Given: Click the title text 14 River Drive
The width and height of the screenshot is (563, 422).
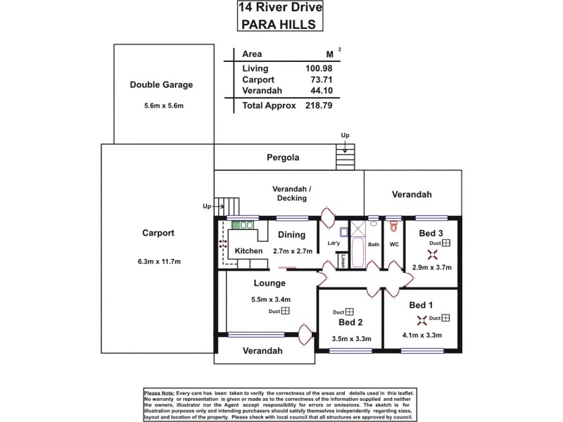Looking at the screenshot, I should pos(281,8).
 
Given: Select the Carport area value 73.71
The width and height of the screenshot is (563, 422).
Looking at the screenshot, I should pos(321,79).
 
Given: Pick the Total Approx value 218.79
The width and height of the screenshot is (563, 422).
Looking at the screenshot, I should pos(317,105).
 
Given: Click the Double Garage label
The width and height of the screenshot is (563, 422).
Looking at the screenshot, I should pos(161,85).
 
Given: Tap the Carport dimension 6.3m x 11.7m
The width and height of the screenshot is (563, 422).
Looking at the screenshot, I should pos(160,262).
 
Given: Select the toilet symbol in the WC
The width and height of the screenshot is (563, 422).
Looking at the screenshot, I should pos(393,227).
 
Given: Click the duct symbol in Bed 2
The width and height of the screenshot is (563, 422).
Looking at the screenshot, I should pos(348,312).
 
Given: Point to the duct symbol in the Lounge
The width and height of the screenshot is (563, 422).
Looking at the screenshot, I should pos(285,312).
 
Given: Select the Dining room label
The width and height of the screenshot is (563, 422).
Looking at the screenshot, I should pos(291,236).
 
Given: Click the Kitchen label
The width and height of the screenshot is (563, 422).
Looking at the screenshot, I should pos(248,251).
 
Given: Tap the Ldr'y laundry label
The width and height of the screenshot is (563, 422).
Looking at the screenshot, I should pos(334,243).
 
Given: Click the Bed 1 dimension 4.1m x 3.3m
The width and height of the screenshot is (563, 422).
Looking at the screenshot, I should pos(422,335).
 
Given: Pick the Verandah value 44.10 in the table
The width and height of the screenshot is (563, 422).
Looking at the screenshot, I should pos(321,91).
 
